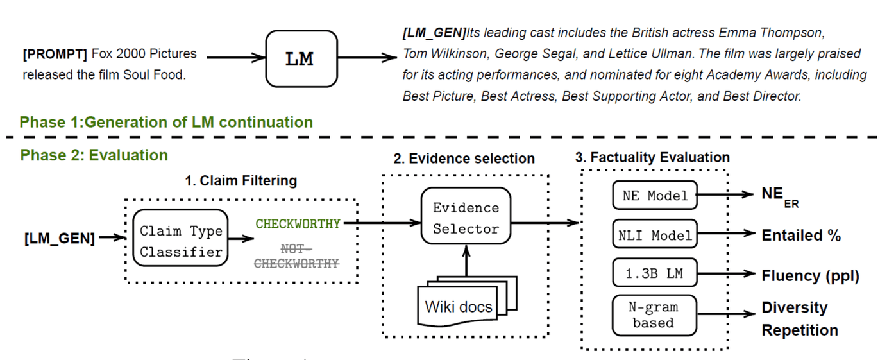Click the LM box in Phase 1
[301, 59]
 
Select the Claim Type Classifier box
[181, 238]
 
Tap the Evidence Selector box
[466, 216]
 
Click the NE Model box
[655, 195]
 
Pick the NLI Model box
[655, 234]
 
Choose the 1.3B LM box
[655, 273]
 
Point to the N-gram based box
[654, 315]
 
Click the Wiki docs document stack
[467, 301]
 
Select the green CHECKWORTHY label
[298, 223]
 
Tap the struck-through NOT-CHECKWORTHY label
[296, 256]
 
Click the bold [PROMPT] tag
[55, 54]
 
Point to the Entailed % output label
[801, 236]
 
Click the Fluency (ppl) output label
[811, 276]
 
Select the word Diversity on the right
[795, 307]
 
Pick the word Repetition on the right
[800, 330]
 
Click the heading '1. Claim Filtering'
[241, 181]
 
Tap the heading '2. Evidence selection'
[464, 159]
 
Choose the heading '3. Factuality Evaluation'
[652, 157]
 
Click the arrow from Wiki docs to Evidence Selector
[466, 261]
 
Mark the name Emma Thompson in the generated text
[771, 33]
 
